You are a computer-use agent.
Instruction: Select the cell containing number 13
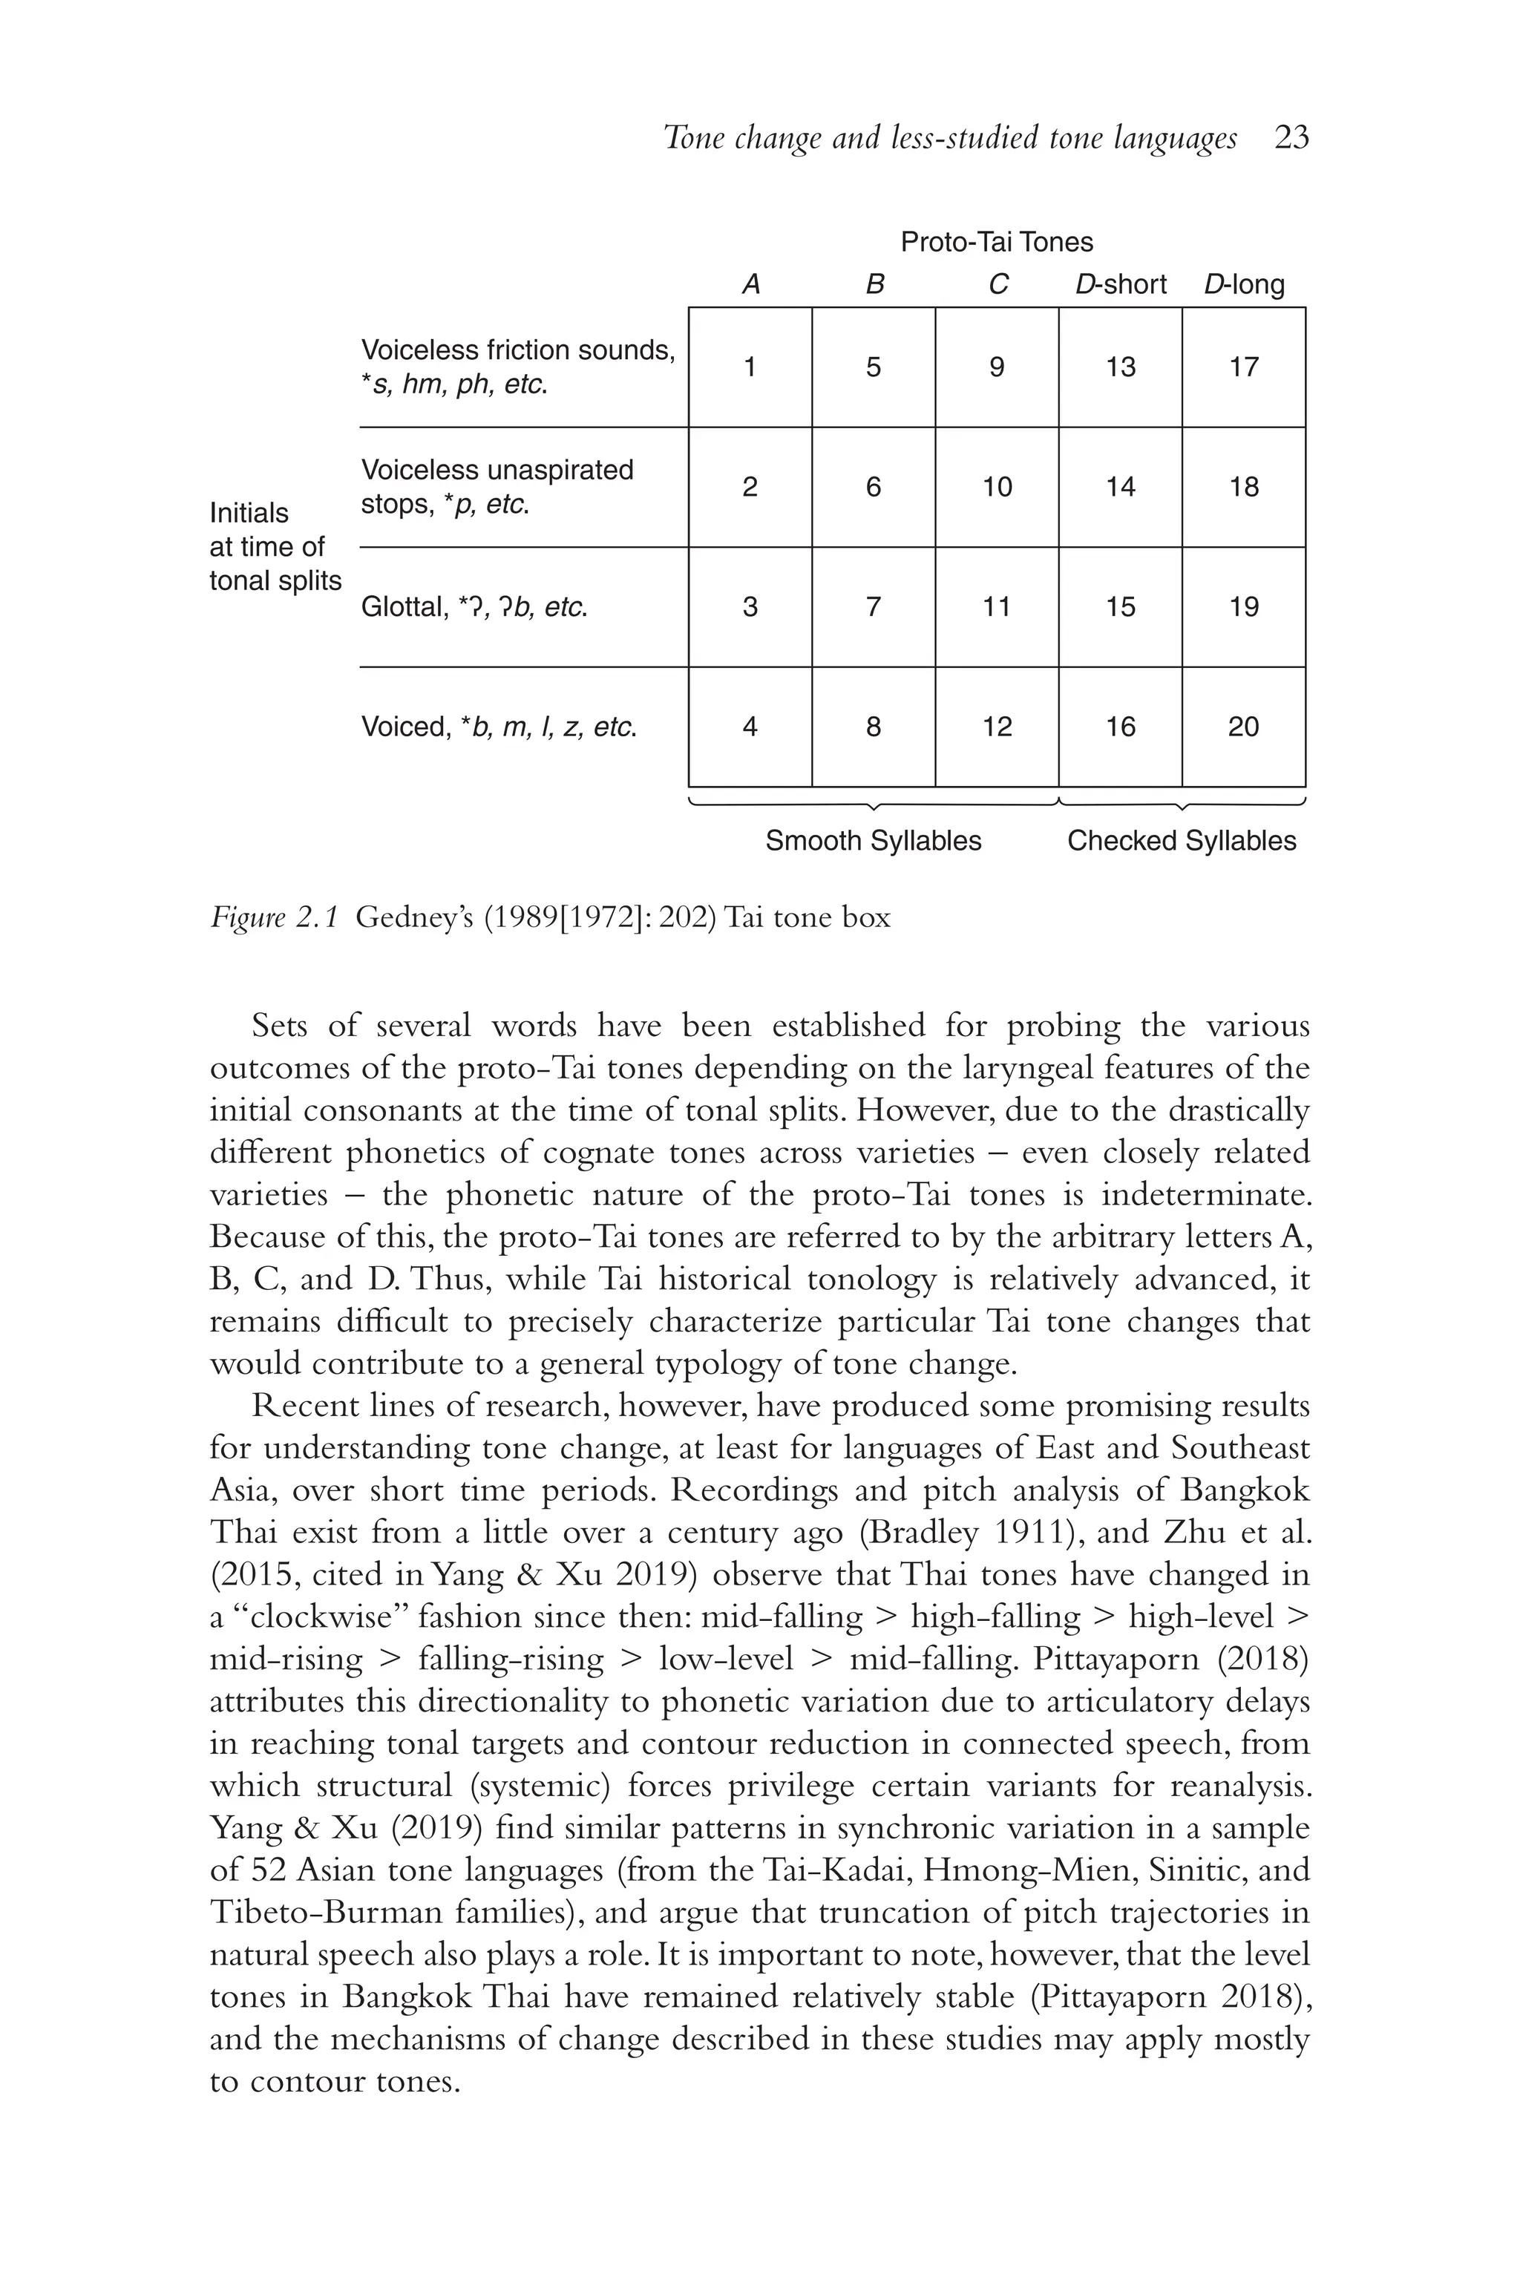[1120, 367]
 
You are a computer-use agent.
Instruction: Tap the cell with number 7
[874, 607]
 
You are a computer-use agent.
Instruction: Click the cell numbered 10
[997, 487]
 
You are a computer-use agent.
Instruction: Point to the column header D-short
[1121, 284]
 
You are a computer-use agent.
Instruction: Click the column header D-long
[1244, 284]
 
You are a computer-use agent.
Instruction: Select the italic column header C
[997, 284]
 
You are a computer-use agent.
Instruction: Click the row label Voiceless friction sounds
[517, 350]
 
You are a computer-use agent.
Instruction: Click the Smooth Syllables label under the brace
[874, 840]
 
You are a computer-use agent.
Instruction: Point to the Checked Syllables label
[1182, 840]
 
